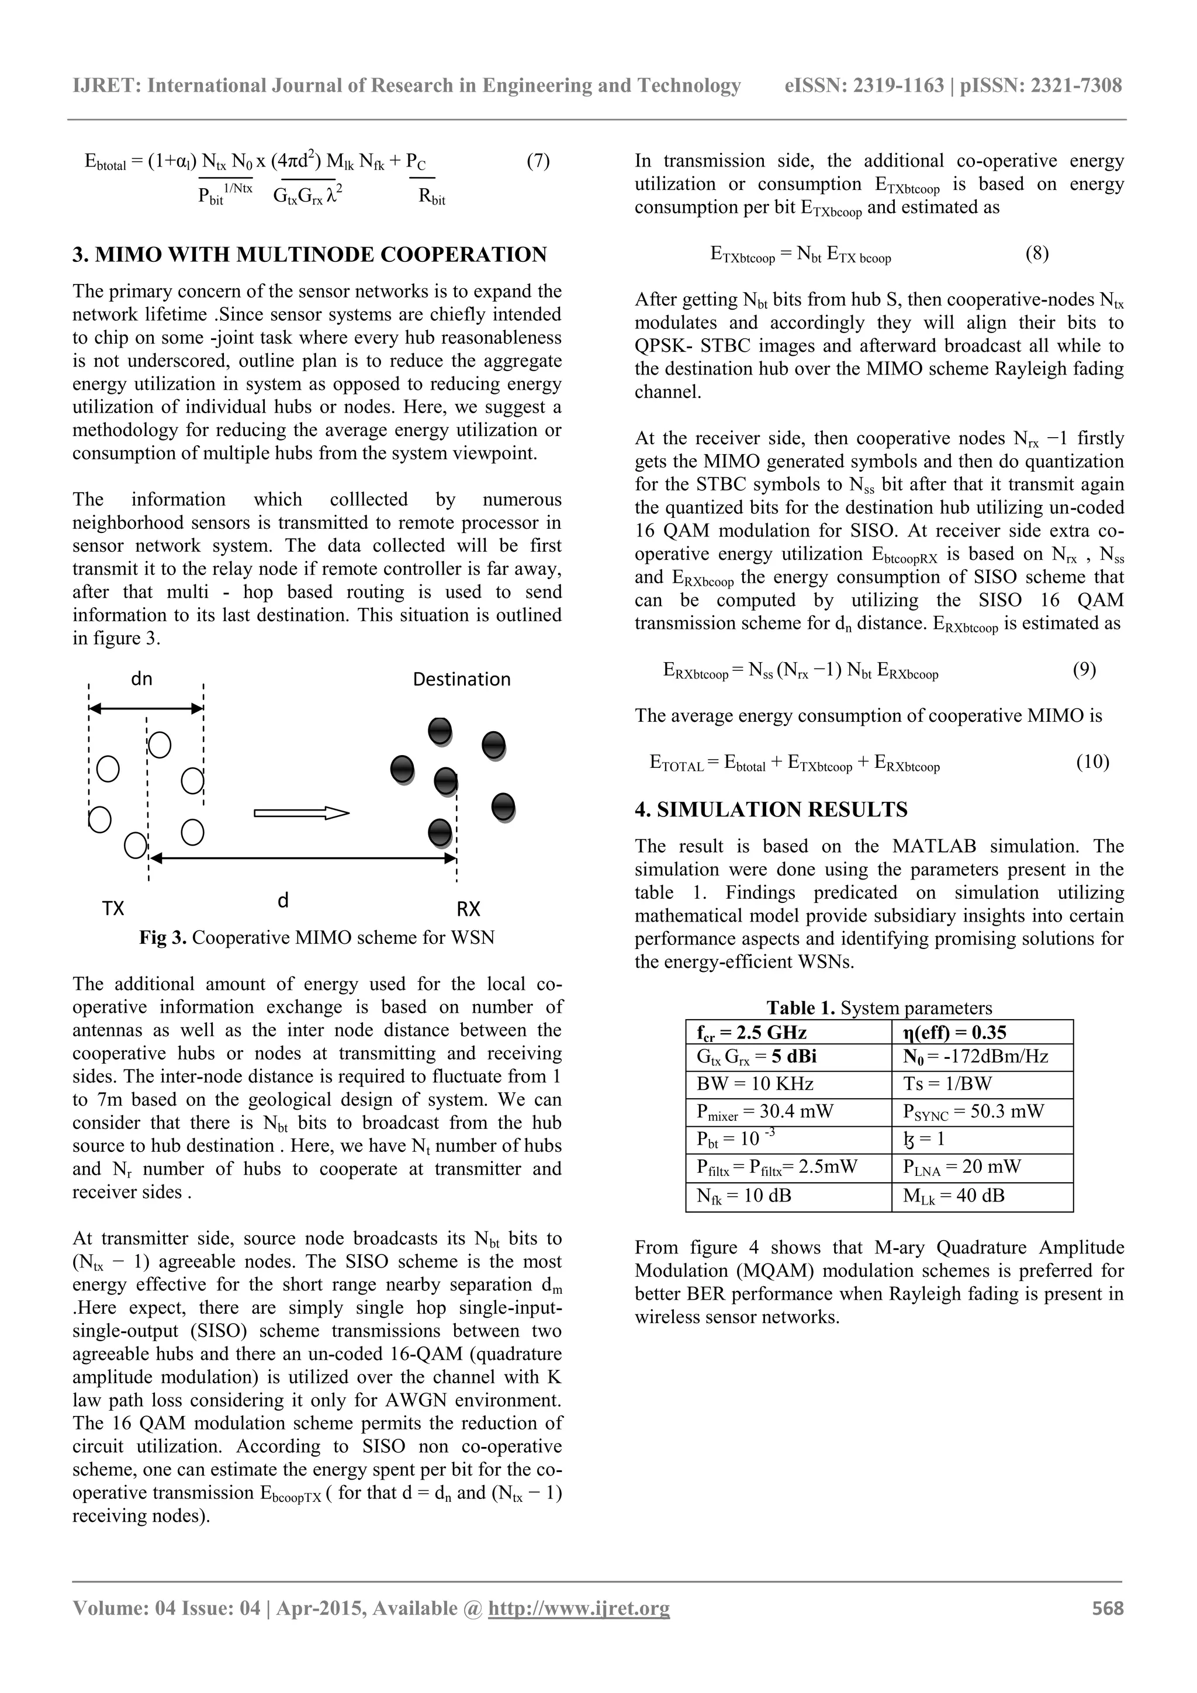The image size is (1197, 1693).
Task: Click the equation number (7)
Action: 538,161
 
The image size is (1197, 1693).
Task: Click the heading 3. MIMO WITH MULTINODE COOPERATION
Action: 310,255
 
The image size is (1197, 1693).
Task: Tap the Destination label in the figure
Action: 462,679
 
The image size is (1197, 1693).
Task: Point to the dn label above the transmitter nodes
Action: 141,678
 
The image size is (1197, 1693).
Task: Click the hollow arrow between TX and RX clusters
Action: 301,813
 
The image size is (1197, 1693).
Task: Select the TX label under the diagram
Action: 113,908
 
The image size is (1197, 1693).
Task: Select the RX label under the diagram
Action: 468,908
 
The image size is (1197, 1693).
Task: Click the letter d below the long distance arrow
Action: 282,901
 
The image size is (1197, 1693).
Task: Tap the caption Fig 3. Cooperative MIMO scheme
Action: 317,937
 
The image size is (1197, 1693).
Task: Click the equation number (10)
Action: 1092,761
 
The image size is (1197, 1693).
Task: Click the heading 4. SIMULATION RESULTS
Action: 771,809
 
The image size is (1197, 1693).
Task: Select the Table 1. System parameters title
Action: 879,1008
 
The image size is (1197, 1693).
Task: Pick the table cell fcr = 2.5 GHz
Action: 752,1032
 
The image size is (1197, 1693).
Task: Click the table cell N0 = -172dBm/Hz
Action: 975,1057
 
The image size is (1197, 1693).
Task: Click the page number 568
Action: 1108,1629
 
